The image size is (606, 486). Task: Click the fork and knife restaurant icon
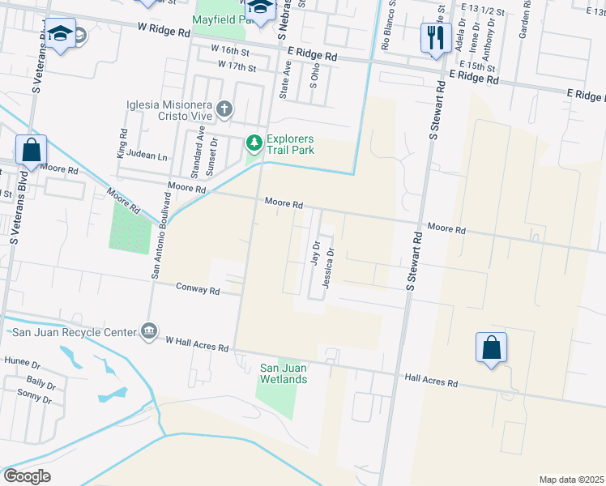[x=436, y=36]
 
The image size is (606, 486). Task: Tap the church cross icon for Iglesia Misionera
[x=224, y=109]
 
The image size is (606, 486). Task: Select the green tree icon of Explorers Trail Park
[x=254, y=143]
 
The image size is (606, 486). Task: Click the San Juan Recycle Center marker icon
[x=148, y=330]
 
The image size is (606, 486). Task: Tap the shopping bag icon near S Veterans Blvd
[x=31, y=150]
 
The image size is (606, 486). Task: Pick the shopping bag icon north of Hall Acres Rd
[x=491, y=347]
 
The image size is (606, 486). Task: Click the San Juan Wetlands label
[x=283, y=373]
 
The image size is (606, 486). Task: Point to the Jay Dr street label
[x=315, y=252]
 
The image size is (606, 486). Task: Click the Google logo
[x=28, y=475]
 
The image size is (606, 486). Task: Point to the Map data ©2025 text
[x=570, y=480]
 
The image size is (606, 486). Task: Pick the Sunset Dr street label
[x=215, y=151]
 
